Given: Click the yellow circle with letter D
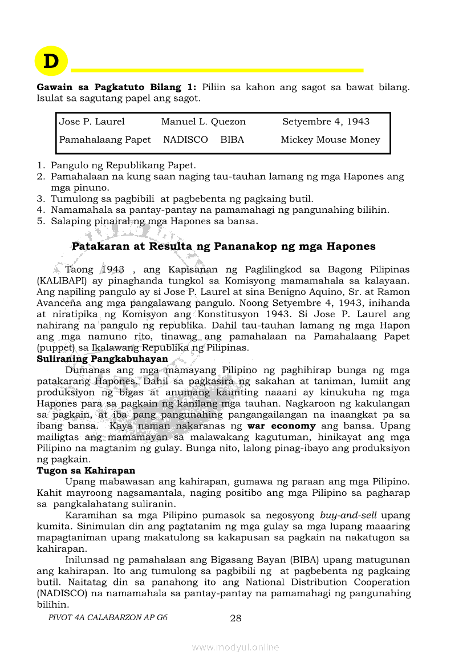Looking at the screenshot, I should tap(51, 61).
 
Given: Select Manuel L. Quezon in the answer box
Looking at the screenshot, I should tap(203, 122).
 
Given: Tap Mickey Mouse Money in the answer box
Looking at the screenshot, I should tap(330, 140).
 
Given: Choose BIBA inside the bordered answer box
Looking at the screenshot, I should tap(232, 140).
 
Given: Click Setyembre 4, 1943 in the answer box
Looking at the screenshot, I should tap(326, 122).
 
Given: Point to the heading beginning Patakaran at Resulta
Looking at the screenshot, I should tap(224, 246).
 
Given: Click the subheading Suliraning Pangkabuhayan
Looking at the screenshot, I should tap(103, 359).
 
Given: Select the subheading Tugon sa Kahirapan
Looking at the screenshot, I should tap(86, 471).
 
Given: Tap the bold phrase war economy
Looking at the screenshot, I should tap(281, 426).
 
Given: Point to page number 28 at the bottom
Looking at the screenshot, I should tap(236, 618).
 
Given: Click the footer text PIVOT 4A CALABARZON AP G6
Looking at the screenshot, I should tap(108, 617).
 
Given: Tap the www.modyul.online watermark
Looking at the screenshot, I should tap(235, 647).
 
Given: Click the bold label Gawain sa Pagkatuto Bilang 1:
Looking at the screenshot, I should tap(116, 87).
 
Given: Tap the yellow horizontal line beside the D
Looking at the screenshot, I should tap(217, 70).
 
